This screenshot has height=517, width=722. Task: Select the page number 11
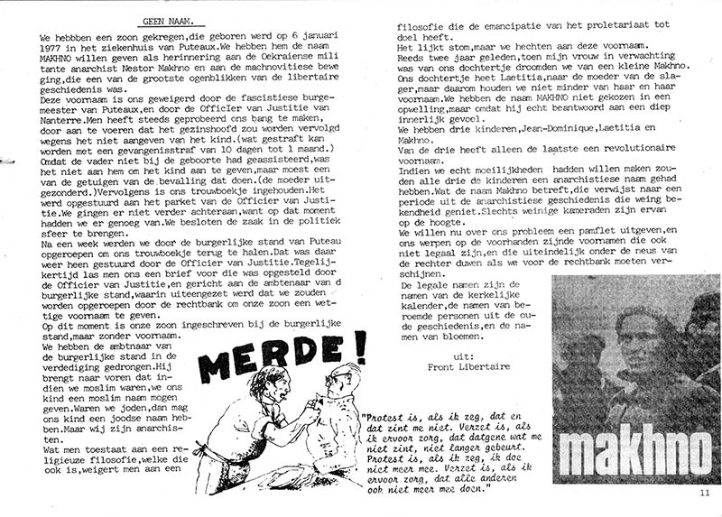click(705, 493)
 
